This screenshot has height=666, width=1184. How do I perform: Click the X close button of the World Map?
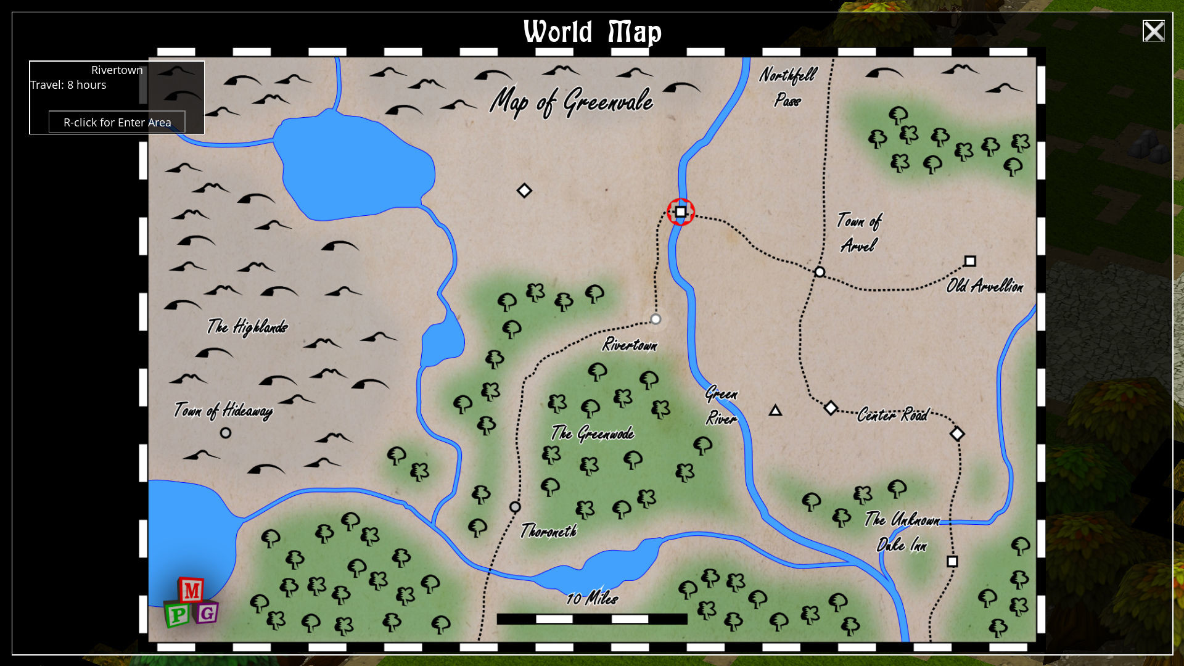click(1153, 31)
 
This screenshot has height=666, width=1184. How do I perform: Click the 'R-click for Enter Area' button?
click(117, 122)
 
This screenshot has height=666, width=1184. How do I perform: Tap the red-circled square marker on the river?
click(680, 212)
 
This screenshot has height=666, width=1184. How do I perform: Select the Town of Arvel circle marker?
click(820, 272)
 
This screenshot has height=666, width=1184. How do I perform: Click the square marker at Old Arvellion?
click(970, 261)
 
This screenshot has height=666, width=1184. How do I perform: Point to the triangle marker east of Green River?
click(775, 411)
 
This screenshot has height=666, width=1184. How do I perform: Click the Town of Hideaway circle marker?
click(226, 433)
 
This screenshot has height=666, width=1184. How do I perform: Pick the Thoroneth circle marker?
click(515, 507)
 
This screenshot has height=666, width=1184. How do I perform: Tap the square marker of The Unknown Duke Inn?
click(952, 561)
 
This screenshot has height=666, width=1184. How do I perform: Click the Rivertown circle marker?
click(656, 319)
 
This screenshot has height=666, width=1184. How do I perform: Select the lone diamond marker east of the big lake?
click(524, 191)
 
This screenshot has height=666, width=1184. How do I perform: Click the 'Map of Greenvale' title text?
click(571, 101)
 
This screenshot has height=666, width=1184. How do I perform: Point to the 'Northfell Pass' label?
click(787, 87)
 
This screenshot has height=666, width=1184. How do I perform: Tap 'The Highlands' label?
click(247, 326)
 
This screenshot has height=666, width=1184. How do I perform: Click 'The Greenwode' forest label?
click(593, 434)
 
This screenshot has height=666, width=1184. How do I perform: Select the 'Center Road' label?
click(892, 415)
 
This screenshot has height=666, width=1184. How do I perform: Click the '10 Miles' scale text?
click(592, 598)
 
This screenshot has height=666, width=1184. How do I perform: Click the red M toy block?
click(192, 591)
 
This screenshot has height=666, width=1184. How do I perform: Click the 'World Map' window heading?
click(592, 32)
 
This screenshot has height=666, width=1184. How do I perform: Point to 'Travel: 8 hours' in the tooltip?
click(68, 85)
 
